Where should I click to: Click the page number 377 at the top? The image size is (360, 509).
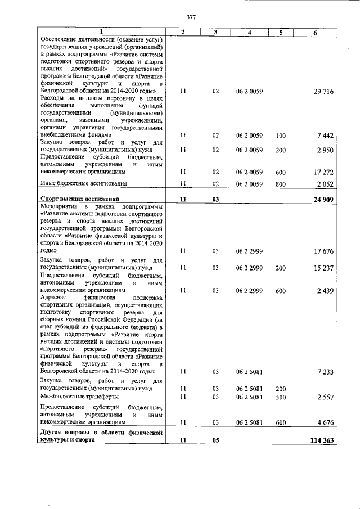tap(191, 17)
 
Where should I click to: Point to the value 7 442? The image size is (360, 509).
tap(326, 136)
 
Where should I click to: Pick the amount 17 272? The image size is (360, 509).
tap(323, 172)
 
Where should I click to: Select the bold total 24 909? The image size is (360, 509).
tap(323, 199)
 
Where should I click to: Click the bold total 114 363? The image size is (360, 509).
tap(321, 440)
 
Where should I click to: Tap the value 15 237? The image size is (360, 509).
tap(323, 268)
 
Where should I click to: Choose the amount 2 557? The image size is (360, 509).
tap(326, 397)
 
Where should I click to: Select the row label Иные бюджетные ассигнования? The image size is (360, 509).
tap(83, 183)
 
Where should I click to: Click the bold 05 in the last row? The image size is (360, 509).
tap(215, 440)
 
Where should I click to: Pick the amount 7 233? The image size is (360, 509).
tap(326, 372)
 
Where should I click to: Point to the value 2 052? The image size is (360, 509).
tap(326, 184)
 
